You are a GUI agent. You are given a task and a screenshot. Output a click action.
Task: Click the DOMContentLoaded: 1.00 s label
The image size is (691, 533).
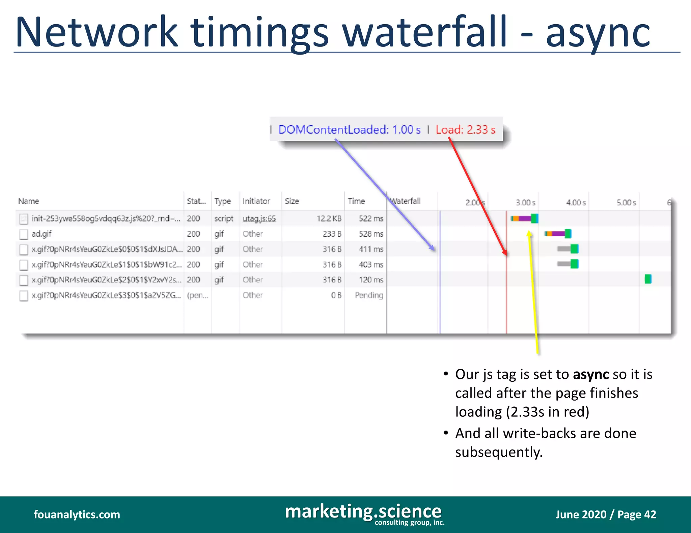349,130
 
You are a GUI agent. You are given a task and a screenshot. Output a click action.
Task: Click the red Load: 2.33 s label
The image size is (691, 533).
465,130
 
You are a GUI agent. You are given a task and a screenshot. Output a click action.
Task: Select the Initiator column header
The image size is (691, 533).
256,201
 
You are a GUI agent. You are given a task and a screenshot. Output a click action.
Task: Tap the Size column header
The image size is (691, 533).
292,201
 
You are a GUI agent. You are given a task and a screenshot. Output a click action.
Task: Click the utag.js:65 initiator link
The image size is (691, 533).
259,219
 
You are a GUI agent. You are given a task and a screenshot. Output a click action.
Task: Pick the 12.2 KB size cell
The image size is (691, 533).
329,219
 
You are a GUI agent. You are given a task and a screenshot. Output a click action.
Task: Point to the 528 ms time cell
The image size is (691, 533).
371,234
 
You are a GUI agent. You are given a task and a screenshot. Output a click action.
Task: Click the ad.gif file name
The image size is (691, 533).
42,234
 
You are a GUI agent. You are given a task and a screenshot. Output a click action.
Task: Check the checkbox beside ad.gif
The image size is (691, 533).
24,234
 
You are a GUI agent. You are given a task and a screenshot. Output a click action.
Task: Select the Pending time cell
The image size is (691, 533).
369,295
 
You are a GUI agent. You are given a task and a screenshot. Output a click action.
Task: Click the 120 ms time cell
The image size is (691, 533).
371,280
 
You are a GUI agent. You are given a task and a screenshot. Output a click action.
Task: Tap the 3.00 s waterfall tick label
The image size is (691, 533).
525,202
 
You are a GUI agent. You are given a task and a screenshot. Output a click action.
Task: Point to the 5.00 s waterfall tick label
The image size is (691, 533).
626,202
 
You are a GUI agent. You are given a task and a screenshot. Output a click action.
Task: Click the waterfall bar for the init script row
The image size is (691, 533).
524,218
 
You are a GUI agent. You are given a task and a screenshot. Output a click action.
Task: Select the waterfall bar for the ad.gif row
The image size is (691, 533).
558,233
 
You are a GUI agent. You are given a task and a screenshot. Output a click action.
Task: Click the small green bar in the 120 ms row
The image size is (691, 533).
648,279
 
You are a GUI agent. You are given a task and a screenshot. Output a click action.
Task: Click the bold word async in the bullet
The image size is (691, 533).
591,374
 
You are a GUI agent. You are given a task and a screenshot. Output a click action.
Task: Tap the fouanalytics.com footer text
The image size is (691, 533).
77,514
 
